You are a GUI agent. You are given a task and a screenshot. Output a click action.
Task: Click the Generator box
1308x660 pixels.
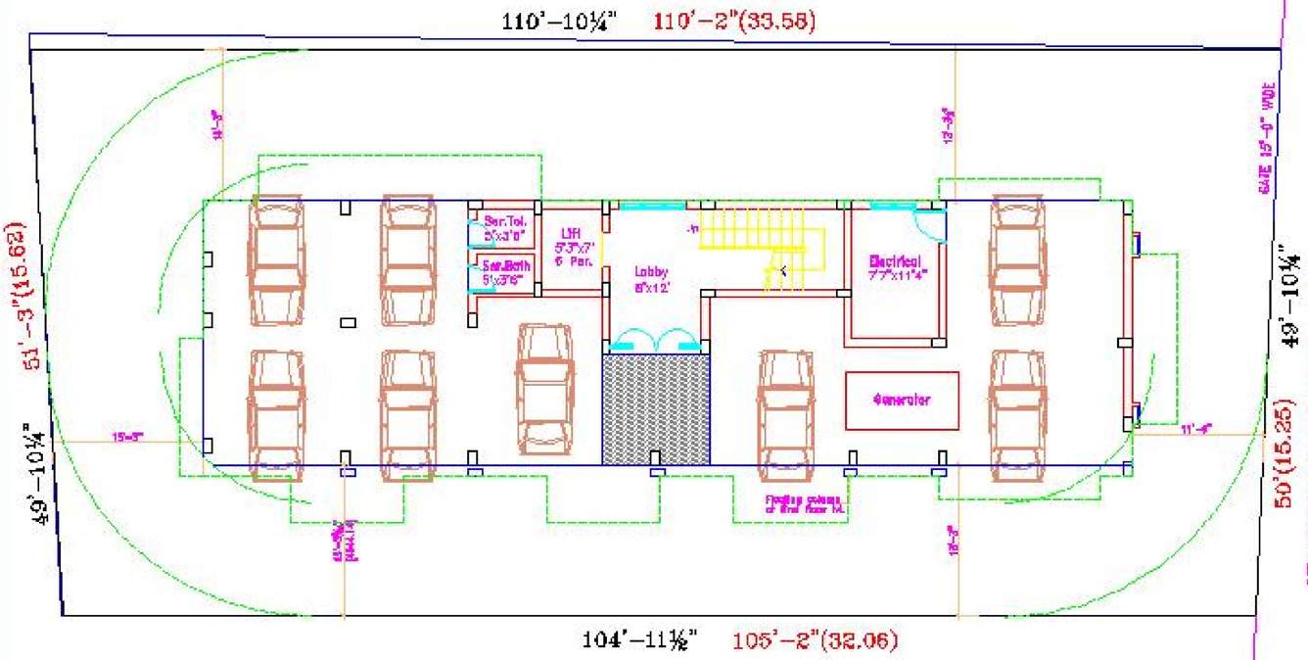[902, 401]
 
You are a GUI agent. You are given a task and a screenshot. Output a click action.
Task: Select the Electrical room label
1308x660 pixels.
[897, 267]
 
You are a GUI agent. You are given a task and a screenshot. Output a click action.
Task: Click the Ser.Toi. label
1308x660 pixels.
[505, 227]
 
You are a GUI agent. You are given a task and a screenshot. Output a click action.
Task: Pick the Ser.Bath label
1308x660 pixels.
[505, 272]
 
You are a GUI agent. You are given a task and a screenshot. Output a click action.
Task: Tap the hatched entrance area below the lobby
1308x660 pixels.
[655, 408]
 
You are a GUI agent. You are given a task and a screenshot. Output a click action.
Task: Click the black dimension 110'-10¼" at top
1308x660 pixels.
[557, 22]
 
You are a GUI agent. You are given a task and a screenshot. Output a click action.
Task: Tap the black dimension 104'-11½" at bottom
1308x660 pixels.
[638, 641]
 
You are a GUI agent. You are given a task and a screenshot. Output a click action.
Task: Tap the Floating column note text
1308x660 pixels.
[805, 504]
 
